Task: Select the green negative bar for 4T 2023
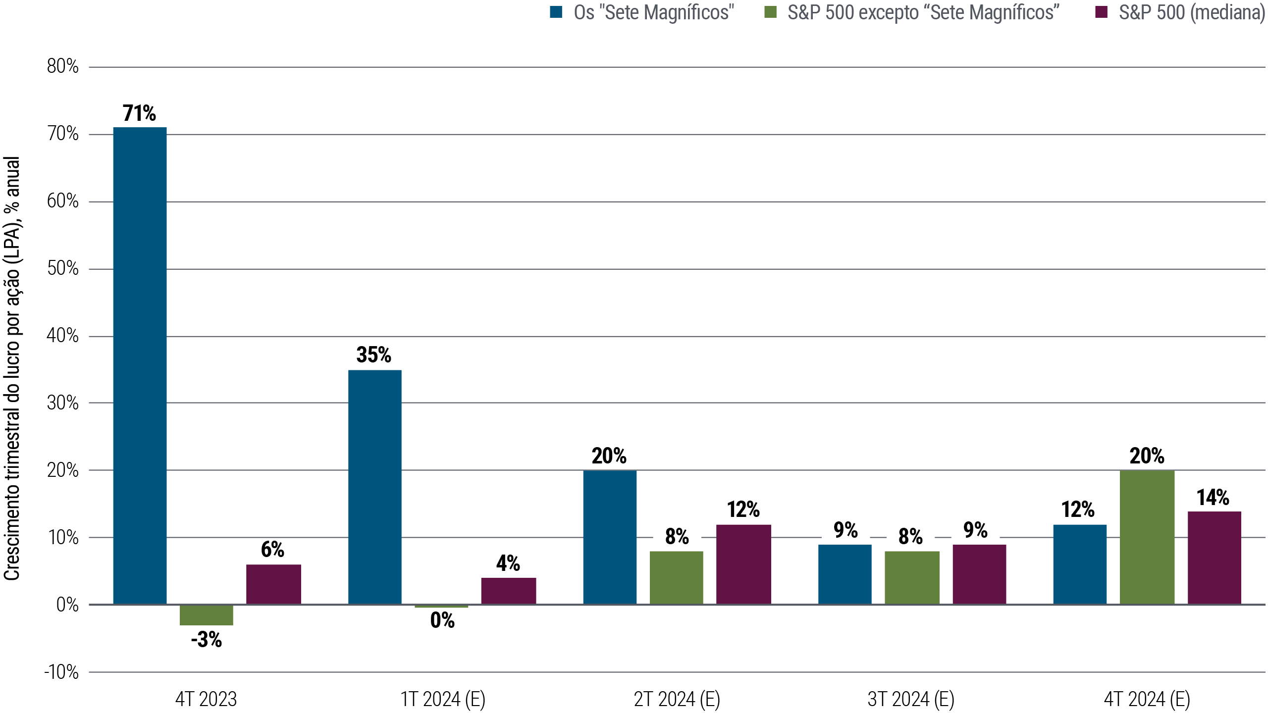pos(206,615)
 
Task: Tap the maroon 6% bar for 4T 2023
pos(273,584)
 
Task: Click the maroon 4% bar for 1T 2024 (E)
pos(508,591)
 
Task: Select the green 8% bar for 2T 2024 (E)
pos(676,577)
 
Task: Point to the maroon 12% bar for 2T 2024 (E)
pos(743,564)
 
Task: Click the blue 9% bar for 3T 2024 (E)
pos(845,574)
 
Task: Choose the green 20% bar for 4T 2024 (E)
pos(1147,537)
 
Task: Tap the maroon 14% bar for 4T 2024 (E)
pos(1214,558)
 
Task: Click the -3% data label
pos(206,640)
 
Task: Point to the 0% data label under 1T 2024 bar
pos(442,620)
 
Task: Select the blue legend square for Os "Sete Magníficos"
pos(556,12)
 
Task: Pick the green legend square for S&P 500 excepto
pos(770,12)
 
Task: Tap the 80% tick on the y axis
pos(63,66)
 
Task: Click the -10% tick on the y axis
pos(61,672)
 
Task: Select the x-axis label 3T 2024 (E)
pos(911,699)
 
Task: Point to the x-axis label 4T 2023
pos(206,699)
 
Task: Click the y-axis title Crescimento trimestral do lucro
pos(12,368)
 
